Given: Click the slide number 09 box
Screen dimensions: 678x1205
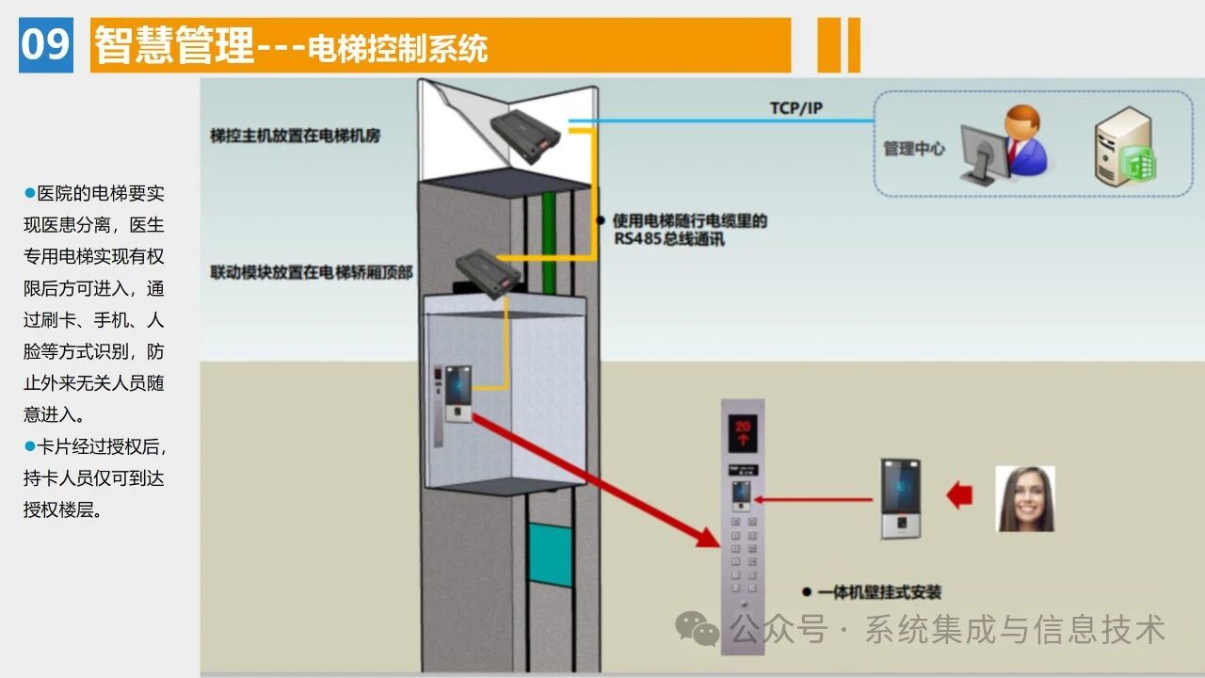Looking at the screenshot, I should click(x=45, y=44).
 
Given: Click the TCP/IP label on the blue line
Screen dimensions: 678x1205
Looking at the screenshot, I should click(x=795, y=108).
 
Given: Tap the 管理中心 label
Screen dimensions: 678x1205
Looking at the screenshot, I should click(x=913, y=149).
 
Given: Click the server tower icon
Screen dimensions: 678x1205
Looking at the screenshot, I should click(x=1124, y=146).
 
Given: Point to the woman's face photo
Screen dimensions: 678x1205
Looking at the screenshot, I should click(x=1025, y=499).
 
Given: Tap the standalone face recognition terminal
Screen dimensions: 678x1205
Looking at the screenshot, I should click(x=900, y=498).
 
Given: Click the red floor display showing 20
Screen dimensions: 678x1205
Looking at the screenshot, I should click(x=743, y=431).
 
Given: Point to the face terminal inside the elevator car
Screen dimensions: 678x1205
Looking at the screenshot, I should click(x=458, y=394).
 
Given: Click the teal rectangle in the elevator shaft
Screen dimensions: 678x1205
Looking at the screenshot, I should click(x=550, y=555).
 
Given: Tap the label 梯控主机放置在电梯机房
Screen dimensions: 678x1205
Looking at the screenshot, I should click(x=295, y=136).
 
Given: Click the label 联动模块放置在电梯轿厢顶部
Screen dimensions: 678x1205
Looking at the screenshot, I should click(x=312, y=273).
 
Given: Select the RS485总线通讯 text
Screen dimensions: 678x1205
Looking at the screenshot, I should click(x=669, y=239).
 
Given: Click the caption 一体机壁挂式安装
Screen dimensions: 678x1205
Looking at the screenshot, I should click(x=878, y=592).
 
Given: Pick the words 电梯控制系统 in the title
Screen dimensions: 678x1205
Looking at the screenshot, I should click(x=397, y=47).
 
